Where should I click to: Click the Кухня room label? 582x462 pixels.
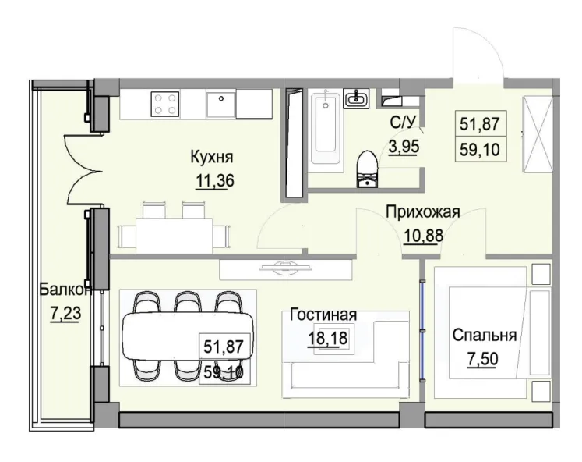point(212,158)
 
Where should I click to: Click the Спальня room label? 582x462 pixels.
point(485,336)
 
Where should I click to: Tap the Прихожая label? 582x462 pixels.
point(423,211)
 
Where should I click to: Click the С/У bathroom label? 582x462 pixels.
point(401,123)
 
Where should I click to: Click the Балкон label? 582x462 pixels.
point(65,290)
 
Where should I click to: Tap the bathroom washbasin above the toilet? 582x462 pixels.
point(358,98)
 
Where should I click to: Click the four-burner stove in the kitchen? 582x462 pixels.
point(165,104)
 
